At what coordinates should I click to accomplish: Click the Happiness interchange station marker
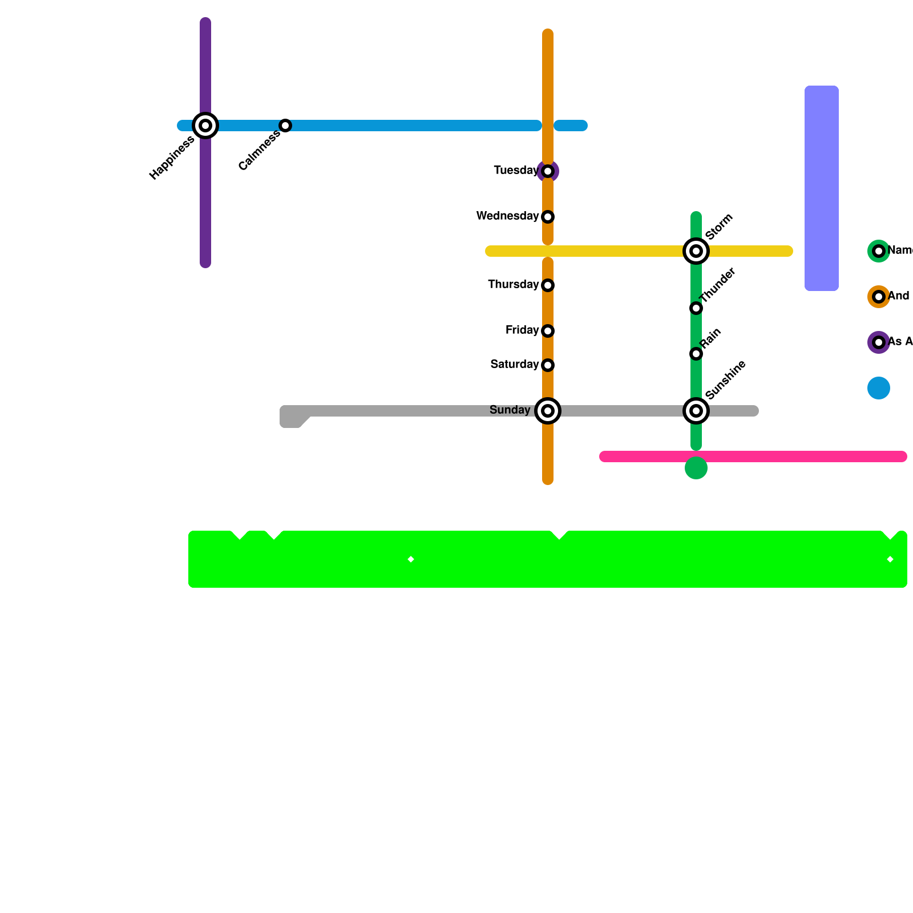point(205,126)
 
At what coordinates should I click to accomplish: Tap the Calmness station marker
point(285,126)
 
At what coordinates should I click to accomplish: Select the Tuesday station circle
point(548,171)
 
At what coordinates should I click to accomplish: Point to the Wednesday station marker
point(548,217)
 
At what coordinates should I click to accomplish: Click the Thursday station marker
point(548,285)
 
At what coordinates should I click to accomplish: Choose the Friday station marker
point(548,331)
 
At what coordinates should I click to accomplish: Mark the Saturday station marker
point(548,365)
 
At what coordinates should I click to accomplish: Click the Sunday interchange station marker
point(548,411)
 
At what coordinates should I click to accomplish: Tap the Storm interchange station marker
point(696,251)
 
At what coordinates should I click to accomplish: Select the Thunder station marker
point(696,308)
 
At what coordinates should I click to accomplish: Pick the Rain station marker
point(696,354)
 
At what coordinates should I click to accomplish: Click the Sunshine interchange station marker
point(696,411)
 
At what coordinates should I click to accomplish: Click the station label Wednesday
point(507,216)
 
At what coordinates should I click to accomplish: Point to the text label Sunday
point(510,410)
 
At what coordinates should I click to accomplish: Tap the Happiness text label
point(172,158)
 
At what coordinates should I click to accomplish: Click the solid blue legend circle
point(879,388)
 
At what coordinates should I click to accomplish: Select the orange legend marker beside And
point(879,297)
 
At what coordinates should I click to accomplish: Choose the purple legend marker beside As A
point(879,342)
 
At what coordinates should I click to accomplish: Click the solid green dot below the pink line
point(696,468)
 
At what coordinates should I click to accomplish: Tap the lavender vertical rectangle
point(822,188)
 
